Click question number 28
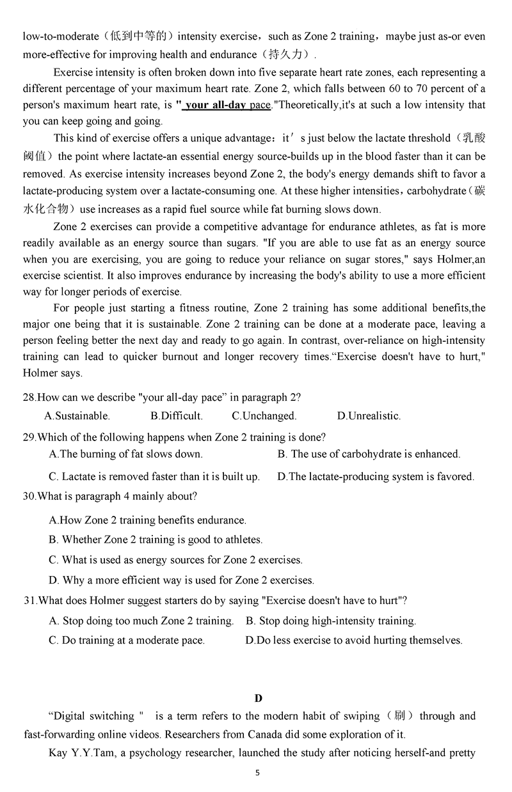click(x=29, y=397)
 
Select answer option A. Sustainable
click(x=77, y=416)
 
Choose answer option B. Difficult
click(x=177, y=416)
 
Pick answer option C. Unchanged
click(x=264, y=416)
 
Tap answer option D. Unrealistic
click(x=369, y=416)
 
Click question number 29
click(x=29, y=437)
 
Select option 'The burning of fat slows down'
click(x=126, y=454)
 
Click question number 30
click(x=29, y=495)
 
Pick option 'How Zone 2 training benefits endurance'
click(x=147, y=520)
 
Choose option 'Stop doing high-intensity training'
click(x=331, y=621)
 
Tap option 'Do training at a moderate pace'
click(x=127, y=640)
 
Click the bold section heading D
click(x=258, y=698)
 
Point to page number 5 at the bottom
click(x=257, y=773)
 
